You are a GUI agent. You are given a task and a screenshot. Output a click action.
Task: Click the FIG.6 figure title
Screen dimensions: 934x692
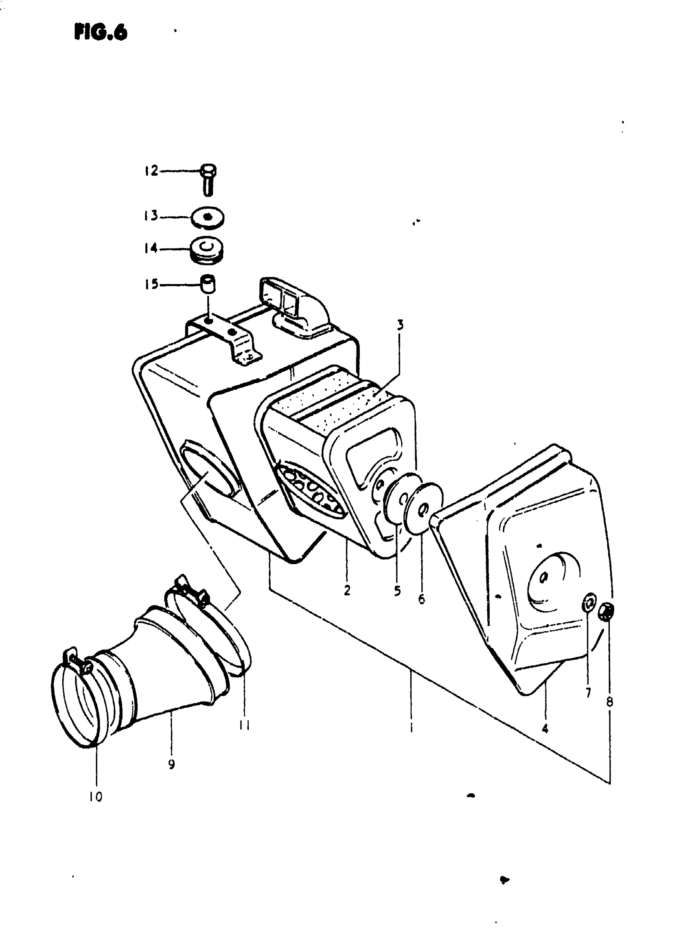101,32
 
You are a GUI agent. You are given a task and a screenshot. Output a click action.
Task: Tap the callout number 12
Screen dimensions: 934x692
151,171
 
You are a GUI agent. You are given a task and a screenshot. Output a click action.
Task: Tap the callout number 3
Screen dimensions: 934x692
400,325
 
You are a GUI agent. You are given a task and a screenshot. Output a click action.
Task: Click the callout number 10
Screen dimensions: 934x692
96,796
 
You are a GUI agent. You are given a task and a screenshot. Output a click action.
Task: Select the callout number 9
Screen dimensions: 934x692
171,764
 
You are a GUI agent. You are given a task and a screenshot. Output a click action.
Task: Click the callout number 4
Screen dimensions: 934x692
545,729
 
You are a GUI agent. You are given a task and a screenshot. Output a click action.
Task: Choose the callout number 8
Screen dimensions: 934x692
609,701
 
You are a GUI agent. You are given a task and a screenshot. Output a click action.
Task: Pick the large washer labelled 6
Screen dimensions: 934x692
424,508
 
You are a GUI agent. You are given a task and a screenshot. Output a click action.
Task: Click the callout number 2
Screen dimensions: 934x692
347,591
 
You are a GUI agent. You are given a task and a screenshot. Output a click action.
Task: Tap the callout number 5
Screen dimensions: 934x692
397,591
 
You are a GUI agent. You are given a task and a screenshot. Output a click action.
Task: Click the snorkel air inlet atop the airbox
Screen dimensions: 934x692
293,308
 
